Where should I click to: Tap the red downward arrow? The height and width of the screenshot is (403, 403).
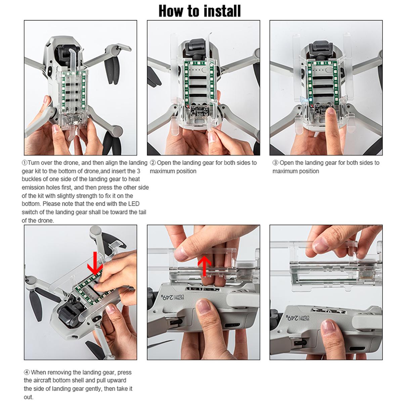tap(95, 263)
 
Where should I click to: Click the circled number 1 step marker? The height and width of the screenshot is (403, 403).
tap(25, 163)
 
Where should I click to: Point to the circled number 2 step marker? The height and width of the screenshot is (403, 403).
tap(153, 163)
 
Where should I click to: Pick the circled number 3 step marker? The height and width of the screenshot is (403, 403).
tap(275, 163)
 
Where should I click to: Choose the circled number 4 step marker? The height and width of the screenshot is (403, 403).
tap(27, 372)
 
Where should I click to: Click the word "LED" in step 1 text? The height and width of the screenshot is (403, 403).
tap(134, 204)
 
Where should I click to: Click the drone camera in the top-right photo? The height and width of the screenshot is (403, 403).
tap(321, 50)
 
